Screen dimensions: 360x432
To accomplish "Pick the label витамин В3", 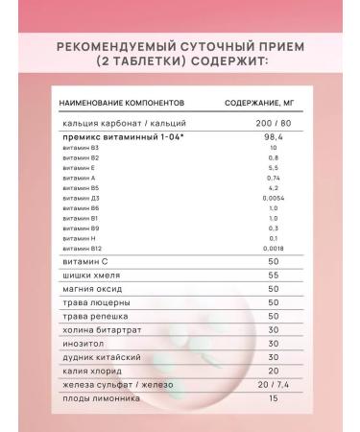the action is pyautogui.click(x=76, y=149).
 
